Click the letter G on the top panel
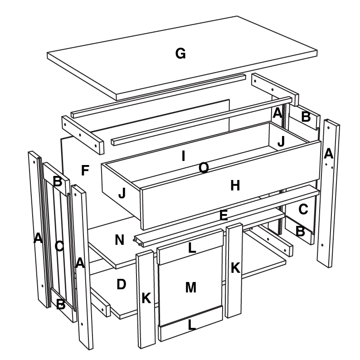point(180,54)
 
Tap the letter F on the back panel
point(85,170)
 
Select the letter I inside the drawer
point(183,156)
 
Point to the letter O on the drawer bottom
point(204,168)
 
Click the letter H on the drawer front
point(235,185)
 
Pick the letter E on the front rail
point(224,215)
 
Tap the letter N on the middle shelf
point(119,240)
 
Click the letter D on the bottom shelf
point(121,284)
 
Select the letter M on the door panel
point(191,287)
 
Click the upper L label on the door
point(192,248)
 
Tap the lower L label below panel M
point(192,325)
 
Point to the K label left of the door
point(146,298)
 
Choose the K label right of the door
point(235,268)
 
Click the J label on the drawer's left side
point(122,193)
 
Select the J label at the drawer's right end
point(281,141)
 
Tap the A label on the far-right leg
point(329,153)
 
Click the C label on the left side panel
point(59,247)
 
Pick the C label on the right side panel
point(303,209)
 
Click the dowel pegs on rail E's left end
point(137,242)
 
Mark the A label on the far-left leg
point(38,238)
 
